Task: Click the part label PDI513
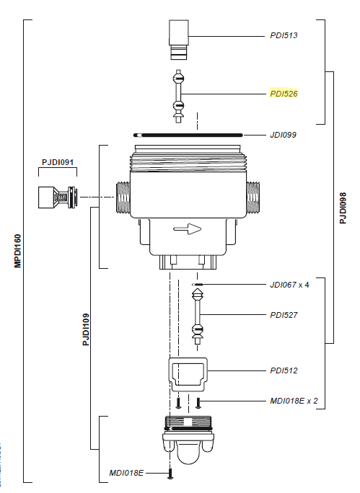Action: pos(284,35)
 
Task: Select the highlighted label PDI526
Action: pos(284,94)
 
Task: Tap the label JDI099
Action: pos(284,135)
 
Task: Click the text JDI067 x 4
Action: pos(289,285)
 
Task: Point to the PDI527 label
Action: pos(284,315)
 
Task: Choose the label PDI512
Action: pos(284,370)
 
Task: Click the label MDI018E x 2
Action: pos(294,401)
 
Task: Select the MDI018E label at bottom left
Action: pos(126,473)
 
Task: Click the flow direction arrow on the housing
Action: pos(187,229)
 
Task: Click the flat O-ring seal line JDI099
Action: pos(188,135)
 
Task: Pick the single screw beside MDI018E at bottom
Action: pos(170,473)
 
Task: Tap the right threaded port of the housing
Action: pos(253,196)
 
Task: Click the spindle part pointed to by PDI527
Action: pos(196,314)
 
